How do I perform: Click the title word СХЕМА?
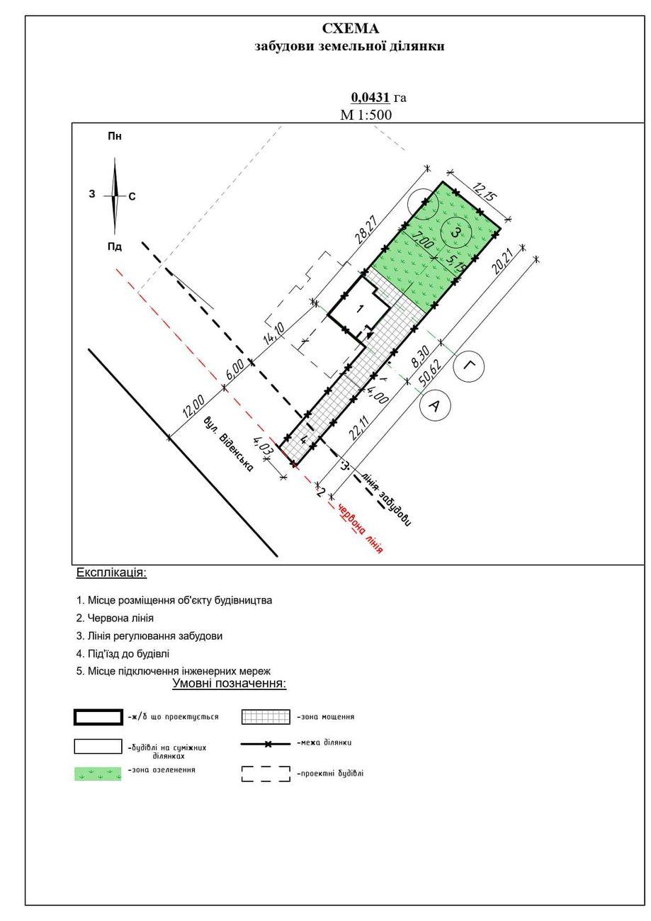(351, 29)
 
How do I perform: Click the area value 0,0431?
(370, 98)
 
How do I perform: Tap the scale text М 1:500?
(366, 115)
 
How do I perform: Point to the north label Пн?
(115, 136)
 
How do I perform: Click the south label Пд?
(115, 247)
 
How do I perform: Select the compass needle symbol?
(115, 196)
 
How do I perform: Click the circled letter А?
(435, 405)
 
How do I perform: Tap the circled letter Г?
(468, 366)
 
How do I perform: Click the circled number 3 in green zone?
(455, 232)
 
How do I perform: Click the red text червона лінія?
(361, 529)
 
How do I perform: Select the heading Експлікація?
(111, 572)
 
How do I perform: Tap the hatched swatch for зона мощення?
(266, 717)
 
